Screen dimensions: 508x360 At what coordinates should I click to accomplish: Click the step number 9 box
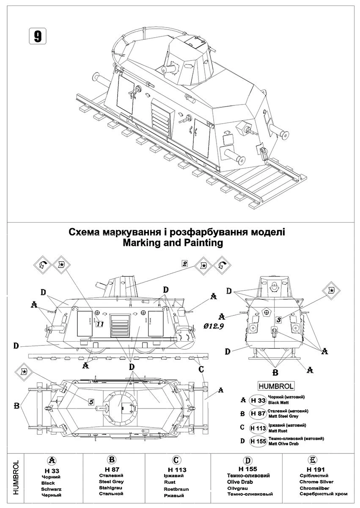pyautogui.click(x=37, y=36)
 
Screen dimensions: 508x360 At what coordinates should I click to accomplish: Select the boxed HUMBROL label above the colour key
pyautogui.click(x=275, y=386)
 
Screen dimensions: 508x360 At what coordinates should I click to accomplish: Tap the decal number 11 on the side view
pyautogui.click(x=100, y=324)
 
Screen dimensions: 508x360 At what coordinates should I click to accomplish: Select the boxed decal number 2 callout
pyautogui.click(x=184, y=263)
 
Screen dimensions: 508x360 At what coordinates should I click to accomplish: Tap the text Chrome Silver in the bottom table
pyautogui.click(x=316, y=482)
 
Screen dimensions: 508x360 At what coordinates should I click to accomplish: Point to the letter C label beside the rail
pyautogui.click(x=202, y=369)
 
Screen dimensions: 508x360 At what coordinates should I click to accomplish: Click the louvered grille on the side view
pyautogui.click(x=120, y=326)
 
